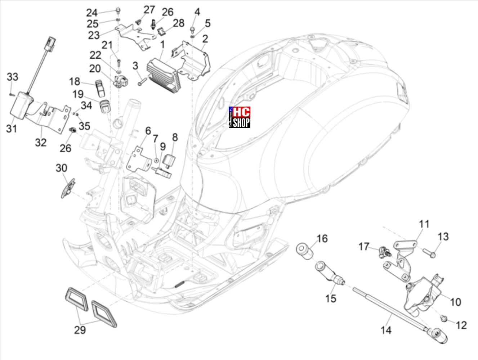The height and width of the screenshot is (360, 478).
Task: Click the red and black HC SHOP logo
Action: (240, 117)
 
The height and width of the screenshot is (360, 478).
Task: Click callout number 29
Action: (80, 329)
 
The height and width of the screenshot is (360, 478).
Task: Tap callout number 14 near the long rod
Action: (386, 330)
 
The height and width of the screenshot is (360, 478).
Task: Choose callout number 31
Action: (12, 128)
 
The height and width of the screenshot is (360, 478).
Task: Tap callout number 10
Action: (455, 302)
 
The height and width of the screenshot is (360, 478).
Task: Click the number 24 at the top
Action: (92, 13)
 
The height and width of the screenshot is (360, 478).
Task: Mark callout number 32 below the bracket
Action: (41, 142)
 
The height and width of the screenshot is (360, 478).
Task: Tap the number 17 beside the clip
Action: (364, 247)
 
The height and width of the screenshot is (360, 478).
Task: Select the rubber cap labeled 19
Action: (104, 106)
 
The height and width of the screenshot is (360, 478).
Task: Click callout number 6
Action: (148, 131)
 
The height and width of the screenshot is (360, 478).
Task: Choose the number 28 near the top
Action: (179, 23)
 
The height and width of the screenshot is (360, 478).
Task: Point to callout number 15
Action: (330, 298)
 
